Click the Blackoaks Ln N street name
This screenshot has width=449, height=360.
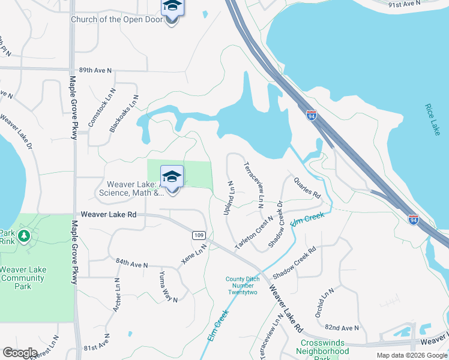(125, 113)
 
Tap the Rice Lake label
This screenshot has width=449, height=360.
(432, 119)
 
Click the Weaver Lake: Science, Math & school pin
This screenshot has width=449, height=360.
(172, 179)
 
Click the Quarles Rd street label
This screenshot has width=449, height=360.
(307, 188)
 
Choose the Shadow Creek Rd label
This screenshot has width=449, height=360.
(294, 264)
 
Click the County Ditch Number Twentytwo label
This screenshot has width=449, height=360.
(241, 286)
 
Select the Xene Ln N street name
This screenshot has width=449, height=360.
(194, 254)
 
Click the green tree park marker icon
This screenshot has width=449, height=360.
(24, 236)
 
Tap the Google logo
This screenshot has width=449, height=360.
(20, 353)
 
